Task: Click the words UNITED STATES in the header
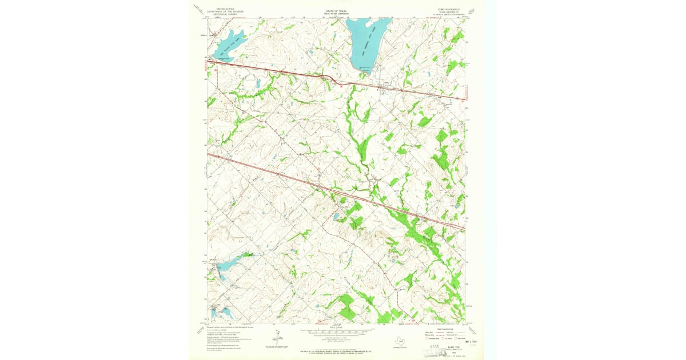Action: click(x=225, y=9)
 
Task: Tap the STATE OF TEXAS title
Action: click(x=336, y=9)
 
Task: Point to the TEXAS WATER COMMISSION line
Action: click(x=336, y=12)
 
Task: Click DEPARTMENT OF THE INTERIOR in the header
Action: click(x=225, y=12)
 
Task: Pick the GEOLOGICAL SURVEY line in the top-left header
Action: click(x=225, y=15)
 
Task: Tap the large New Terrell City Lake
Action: click(x=364, y=43)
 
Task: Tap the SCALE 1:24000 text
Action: click(x=336, y=327)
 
